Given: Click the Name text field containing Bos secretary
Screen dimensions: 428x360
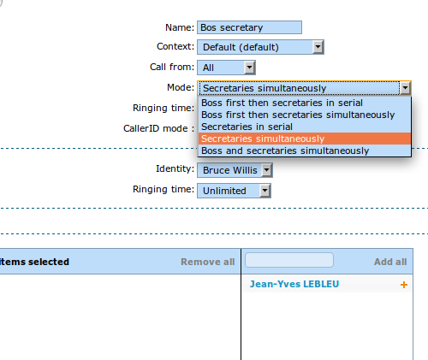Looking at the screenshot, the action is pos(249,27).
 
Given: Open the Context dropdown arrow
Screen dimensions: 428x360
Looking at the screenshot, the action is pos(318,47).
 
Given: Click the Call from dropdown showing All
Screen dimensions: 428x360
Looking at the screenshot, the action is pos(226,68).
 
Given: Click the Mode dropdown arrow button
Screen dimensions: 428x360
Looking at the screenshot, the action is pos(405,88).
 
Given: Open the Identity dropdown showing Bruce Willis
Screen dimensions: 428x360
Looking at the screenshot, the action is pos(235,170).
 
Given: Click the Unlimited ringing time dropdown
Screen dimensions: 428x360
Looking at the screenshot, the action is pos(234,191).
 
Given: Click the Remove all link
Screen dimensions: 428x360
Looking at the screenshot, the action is pos(208,262).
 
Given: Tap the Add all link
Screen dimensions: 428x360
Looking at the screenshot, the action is pos(390,262).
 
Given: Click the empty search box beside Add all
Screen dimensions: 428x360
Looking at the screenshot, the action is pos(289,260).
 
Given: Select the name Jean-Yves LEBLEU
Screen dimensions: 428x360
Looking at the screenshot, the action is pos(294,284).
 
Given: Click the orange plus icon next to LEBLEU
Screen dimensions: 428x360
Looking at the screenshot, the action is pos(404,285).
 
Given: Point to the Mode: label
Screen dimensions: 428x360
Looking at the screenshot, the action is pos(181,87).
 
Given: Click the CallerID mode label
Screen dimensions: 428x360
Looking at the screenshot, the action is pos(158,128).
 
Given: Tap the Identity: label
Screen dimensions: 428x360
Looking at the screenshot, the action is pos(175,168).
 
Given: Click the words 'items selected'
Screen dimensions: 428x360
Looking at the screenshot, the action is pos(34,262).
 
